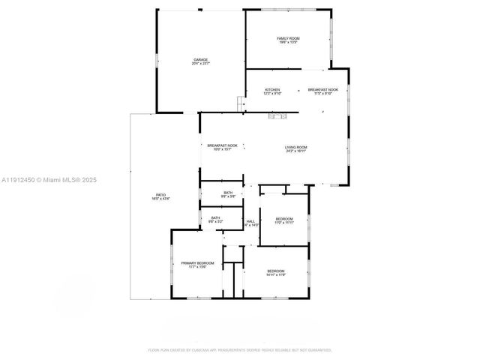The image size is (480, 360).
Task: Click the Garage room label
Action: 201,59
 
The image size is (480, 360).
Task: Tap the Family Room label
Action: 288,38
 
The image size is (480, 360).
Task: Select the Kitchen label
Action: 272,90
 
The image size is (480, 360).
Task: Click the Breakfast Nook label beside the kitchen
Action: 322,90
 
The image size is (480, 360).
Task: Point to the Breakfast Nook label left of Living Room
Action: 223,145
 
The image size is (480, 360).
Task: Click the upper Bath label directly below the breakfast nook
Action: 228,193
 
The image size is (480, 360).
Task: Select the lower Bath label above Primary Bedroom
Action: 215,218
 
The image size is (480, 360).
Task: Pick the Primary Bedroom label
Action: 197,263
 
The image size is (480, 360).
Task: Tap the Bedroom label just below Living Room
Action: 283,219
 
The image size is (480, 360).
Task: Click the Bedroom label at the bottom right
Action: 277,271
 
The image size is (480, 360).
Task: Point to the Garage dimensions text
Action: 201,64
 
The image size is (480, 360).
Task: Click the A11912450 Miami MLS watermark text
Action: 49,180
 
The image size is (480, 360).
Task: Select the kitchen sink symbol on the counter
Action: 279,115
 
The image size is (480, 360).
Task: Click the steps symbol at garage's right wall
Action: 241,103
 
